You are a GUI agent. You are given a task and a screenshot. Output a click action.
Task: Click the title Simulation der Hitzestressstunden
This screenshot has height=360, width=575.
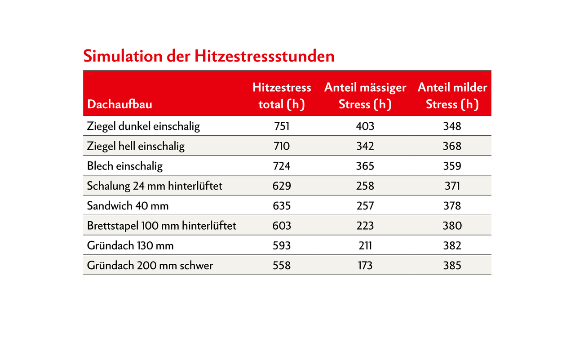(x=209, y=57)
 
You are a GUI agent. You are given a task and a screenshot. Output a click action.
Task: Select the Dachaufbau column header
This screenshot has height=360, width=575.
(x=119, y=105)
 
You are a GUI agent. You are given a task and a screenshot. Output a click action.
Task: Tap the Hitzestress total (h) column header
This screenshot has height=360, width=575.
(x=282, y=96)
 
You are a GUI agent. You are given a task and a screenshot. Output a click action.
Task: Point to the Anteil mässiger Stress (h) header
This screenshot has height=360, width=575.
(x=365, y=96)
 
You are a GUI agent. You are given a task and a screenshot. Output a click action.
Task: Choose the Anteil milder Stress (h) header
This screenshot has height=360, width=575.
(x=452, y=96)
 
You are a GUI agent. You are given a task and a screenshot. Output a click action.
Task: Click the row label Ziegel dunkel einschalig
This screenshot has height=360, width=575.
(x=143, y=126)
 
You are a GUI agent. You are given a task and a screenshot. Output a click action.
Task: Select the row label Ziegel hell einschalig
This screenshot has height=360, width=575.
(x=136, y=146)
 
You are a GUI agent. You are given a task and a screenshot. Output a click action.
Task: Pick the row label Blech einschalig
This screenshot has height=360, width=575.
(x=125, y=166)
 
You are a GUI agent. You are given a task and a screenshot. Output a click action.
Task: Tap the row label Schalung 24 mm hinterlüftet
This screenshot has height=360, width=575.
(x=155, y=186)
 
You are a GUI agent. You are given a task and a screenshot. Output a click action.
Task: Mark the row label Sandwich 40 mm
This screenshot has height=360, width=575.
(x=128, y=206)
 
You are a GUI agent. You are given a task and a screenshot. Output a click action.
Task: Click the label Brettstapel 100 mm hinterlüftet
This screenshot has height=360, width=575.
(x=161, y=226)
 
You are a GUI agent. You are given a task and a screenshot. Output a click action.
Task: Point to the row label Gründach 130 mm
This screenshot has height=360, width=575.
(x=130, y=246)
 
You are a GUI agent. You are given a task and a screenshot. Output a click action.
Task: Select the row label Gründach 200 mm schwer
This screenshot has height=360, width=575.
(x=150, y=266)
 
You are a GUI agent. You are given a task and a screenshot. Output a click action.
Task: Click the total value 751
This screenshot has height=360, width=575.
(x=282, y=126)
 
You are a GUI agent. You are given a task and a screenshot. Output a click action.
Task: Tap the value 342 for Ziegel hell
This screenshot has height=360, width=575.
(x=365, y=146)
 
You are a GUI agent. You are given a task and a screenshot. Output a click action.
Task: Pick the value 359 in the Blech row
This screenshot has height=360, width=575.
(x=452, y=166)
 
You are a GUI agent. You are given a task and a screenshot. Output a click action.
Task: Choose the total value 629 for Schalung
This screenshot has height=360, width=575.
(x=282, y=186)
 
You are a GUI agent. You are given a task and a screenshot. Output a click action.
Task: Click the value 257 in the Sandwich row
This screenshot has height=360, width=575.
(x=365, y=206)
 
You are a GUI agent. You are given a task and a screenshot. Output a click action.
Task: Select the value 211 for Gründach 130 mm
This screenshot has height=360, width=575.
(x=365, y=246)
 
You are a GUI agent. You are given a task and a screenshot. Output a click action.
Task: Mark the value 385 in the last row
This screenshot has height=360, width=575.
(x=452, y=266)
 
